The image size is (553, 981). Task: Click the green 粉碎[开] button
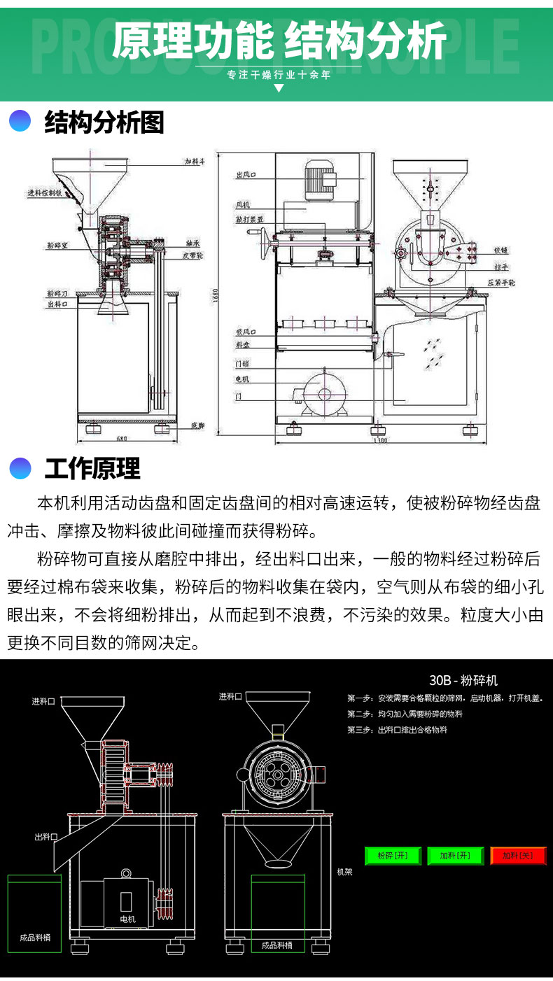393,855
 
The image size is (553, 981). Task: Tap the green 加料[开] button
455,855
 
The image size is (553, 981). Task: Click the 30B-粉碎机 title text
463,680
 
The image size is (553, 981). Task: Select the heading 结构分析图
104,122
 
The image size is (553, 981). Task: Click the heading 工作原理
92,468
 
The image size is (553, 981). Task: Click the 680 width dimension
123,439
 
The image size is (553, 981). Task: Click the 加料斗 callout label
194,162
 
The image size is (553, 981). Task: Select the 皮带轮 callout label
193,256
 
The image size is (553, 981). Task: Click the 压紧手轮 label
502,282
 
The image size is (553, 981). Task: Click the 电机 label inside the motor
127,919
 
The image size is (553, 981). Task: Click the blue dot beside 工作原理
20,468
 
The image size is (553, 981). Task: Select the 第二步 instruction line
405,714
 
